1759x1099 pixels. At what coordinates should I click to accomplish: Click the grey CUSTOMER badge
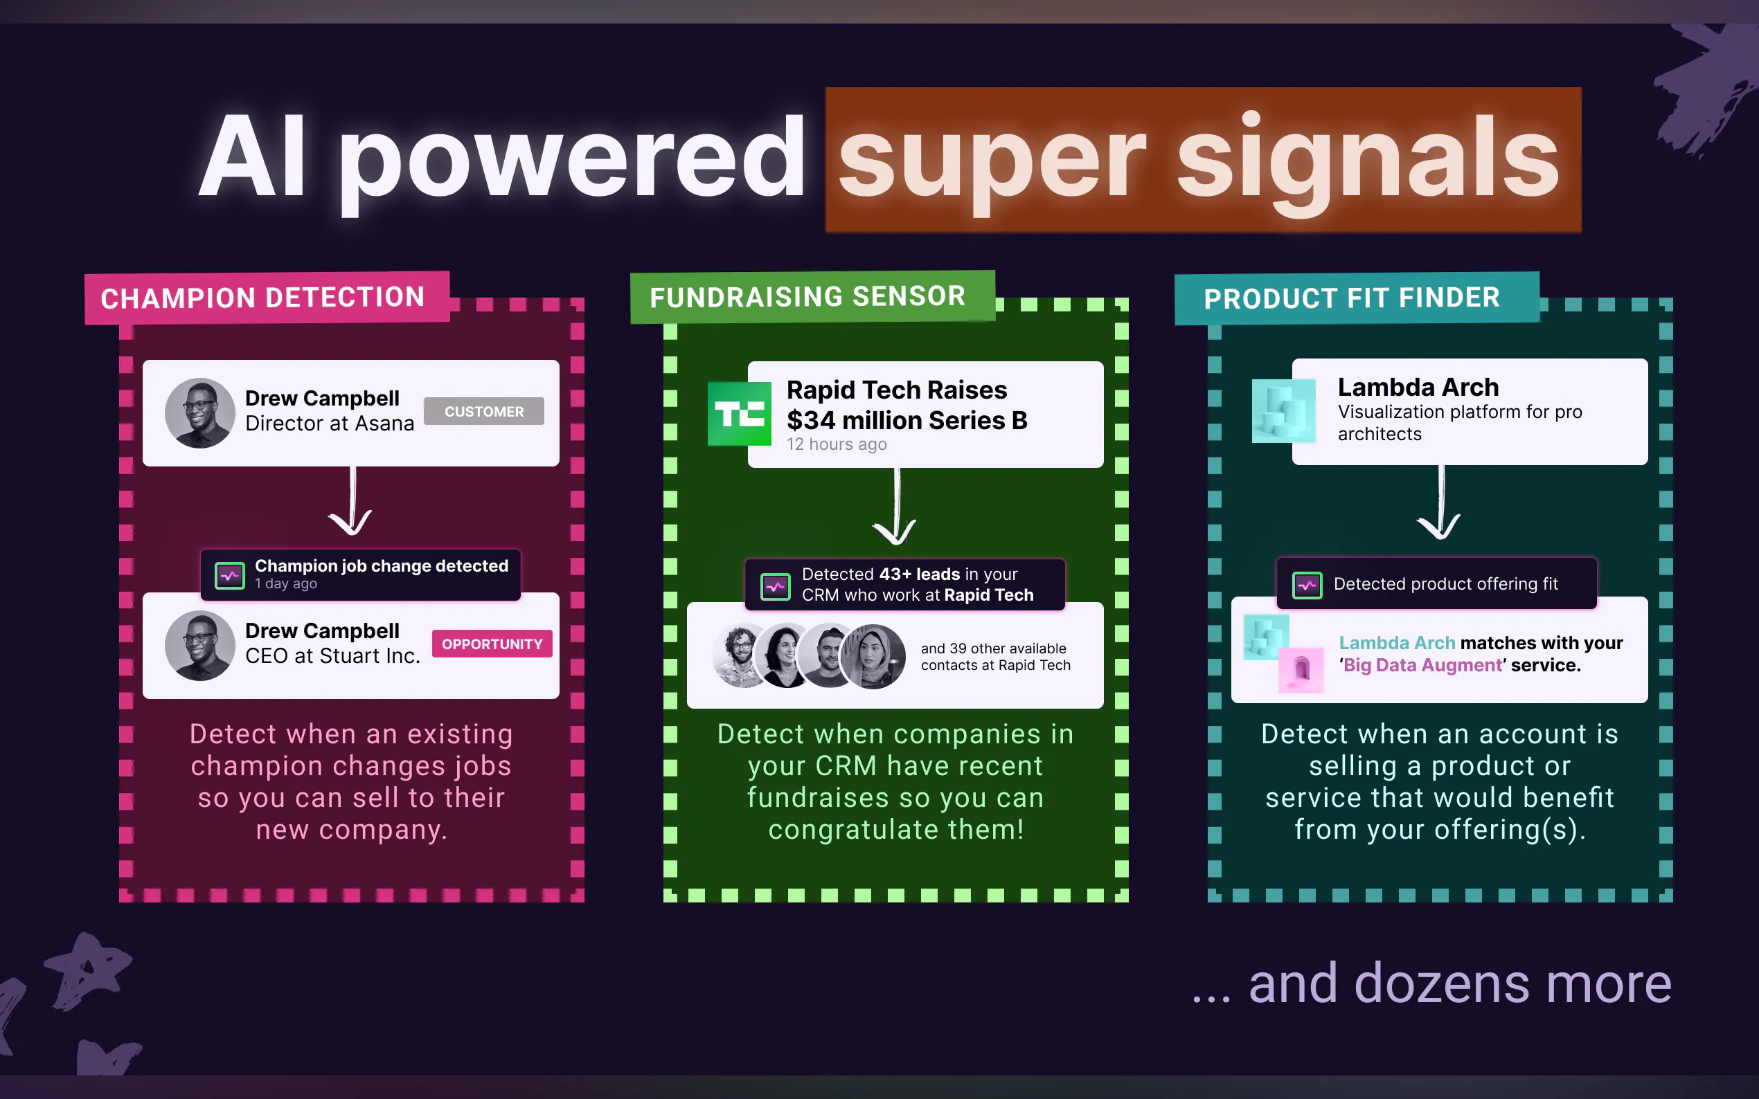[x=483, y=411]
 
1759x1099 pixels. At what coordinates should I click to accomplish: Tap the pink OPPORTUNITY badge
[x=492, y=644]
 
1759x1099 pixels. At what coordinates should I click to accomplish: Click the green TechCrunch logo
[x=739, y=414]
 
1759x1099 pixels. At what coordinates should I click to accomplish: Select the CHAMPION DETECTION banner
[x=267, y=298]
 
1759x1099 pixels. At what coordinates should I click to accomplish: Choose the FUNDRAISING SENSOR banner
[x=812, y=297]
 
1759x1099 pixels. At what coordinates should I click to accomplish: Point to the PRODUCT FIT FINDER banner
[x=1357, y=298]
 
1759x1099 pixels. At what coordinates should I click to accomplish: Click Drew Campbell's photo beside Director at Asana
[x=200, y=413]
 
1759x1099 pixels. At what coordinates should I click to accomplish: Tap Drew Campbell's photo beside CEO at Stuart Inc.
[x=200, y=646]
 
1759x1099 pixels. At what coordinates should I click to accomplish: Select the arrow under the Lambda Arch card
[x=1439, y=503]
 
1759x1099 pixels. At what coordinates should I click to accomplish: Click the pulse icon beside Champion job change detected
[x=230, y=576]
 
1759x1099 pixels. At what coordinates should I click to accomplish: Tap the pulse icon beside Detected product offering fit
[x=1307, y=585]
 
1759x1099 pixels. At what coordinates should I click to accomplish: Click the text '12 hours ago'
[x=837, y=444]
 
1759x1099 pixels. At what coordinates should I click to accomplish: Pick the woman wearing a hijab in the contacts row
[x=873, y=656]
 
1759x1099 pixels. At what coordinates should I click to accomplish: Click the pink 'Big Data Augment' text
[x=1423, y=665]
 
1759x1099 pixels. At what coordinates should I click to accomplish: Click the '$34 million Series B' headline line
[x=907, y=420]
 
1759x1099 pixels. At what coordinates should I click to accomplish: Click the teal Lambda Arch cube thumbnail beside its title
[x=1283, y=410]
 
